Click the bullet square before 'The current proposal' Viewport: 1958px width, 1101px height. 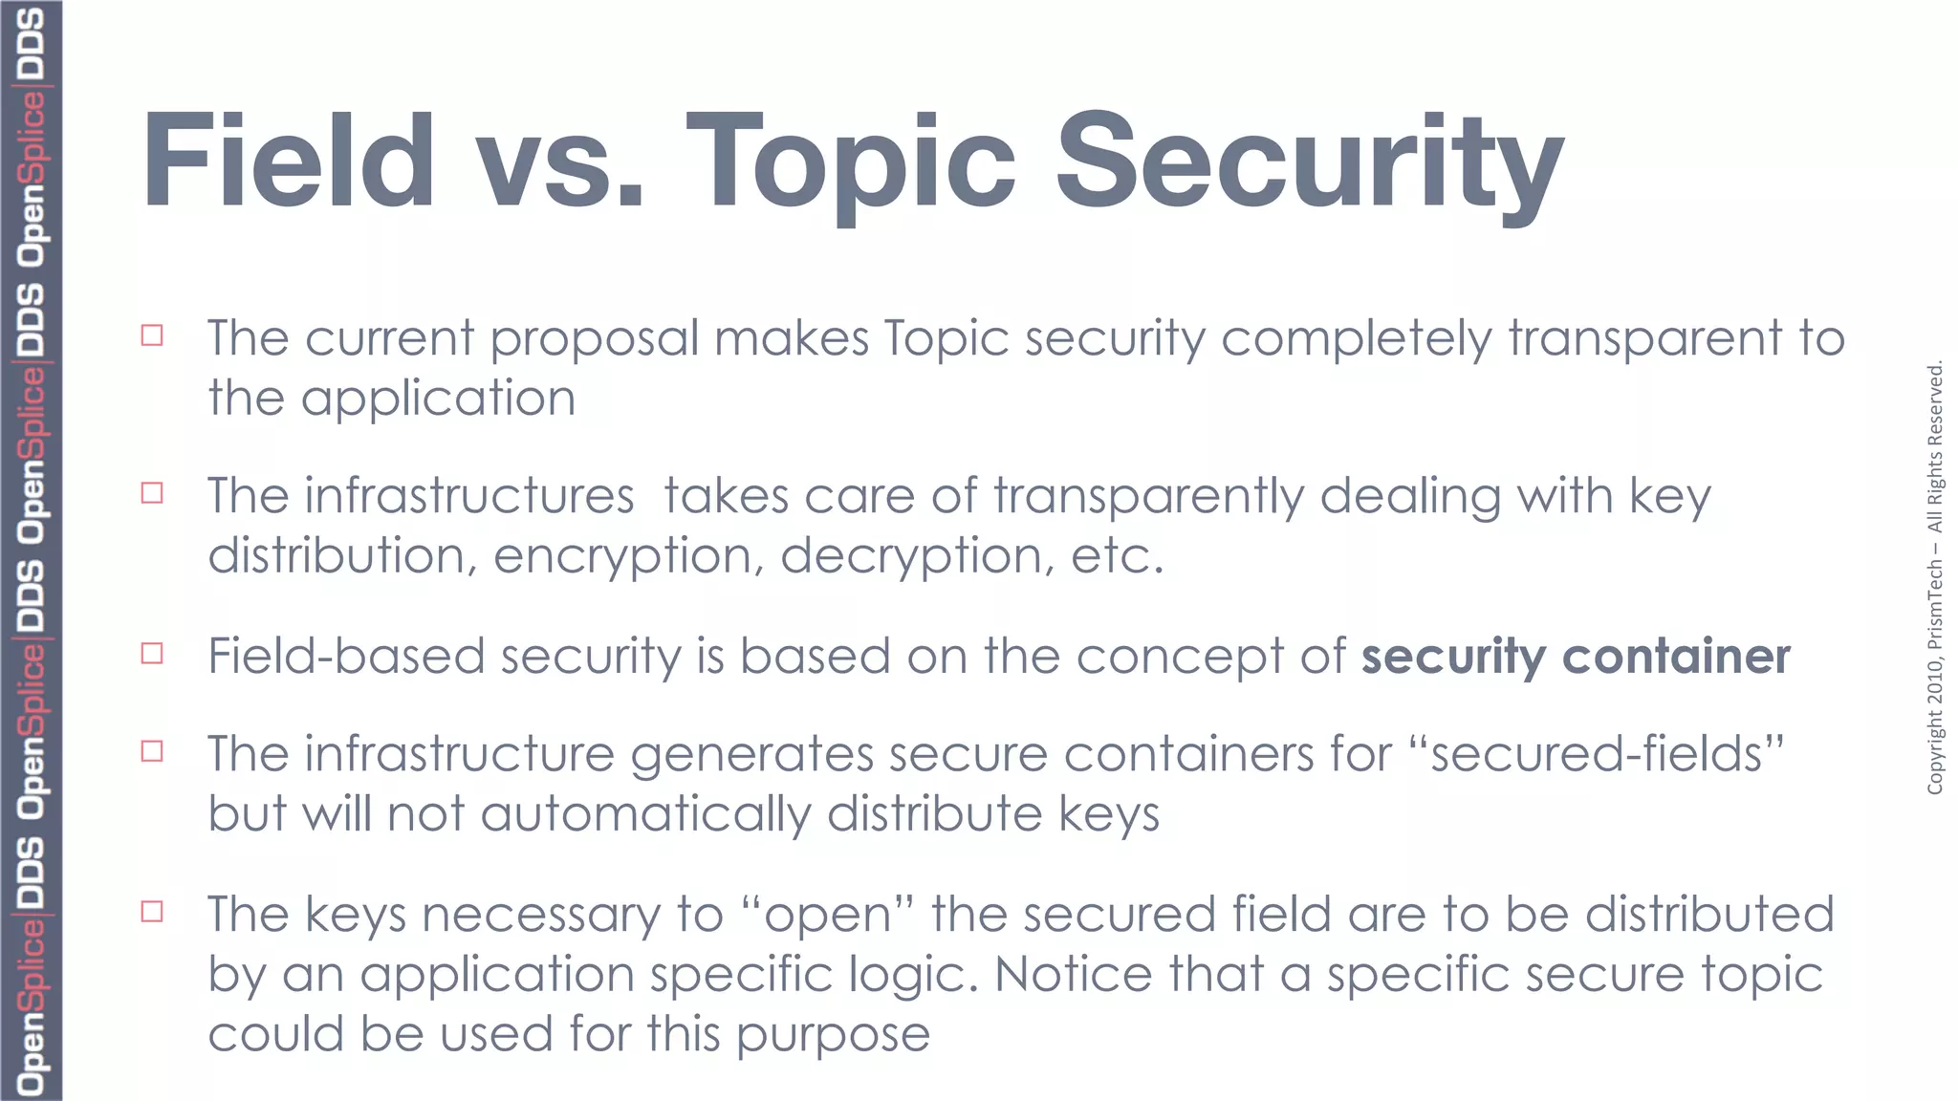tap(152, 335)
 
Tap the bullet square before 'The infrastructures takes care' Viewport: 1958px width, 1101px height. tap(152, 493)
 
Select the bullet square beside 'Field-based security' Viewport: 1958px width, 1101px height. tap(152, 654)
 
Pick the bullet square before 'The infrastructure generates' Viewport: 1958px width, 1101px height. tap(152, 751)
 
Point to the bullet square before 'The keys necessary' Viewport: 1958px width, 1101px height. tap(152, 912)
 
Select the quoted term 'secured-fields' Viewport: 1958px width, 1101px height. tap(1597, 754)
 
